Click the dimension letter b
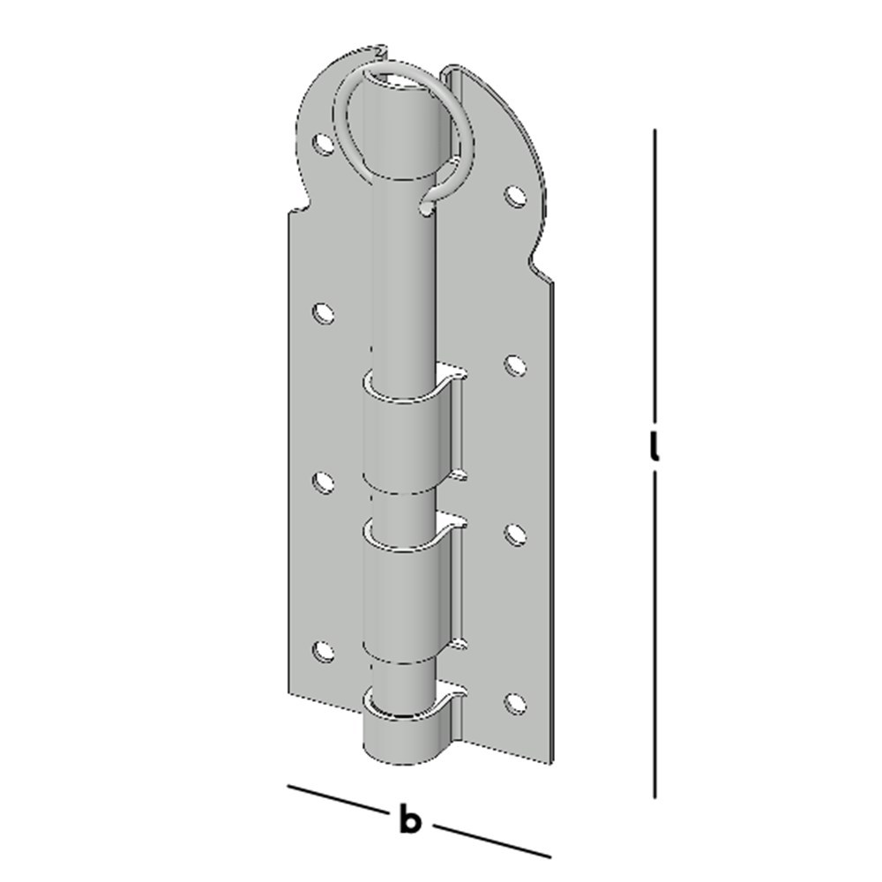410,819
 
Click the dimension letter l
654,447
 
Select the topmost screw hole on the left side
323,145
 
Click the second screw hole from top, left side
323,313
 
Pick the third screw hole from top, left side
323,483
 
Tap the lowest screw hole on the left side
323,652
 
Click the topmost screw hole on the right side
514,197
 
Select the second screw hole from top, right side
514,366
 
